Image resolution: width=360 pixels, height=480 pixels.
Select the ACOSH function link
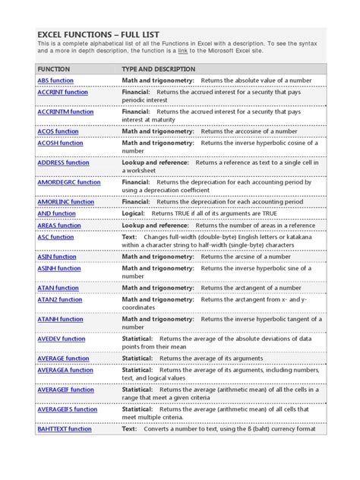click(x=61, y=143)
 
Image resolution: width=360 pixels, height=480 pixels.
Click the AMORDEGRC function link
click(x=69, y=182)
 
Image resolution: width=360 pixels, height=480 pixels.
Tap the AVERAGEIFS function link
click(x=68, y=409)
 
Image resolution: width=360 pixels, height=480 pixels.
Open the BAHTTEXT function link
click(x=65, y=429)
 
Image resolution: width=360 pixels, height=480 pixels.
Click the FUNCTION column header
click(x=54, y=68)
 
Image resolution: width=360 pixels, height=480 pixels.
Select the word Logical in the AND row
click(x=134, y=213)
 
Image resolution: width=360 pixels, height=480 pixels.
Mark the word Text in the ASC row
click(x=129, y=237)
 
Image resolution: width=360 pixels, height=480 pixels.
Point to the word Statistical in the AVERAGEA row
click(x=138, y=370)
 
